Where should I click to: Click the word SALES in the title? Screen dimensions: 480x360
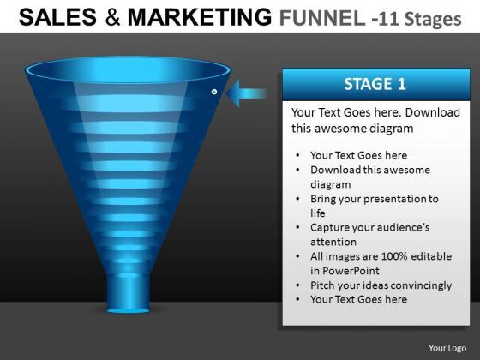point(57,17)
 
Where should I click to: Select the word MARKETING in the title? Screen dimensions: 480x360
point(199,17)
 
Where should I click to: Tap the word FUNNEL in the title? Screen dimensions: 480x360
point(321,18)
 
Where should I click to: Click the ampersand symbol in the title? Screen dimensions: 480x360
point(112,17)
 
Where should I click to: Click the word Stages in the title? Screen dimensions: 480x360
point(433,20)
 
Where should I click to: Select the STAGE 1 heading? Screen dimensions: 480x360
point(375,84)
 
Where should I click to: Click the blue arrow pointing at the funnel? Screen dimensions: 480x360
point(247,93)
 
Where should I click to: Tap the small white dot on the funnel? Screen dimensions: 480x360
point(214,92)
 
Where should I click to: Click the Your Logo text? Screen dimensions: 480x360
point(447,348)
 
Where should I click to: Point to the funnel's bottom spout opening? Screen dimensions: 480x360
point(129,310)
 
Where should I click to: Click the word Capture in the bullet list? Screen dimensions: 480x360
point(329,228)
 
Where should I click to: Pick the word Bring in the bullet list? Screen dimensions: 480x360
point(323,199)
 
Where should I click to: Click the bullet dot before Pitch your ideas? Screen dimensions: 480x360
point(298,285)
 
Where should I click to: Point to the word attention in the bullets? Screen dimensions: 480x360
point(333,242)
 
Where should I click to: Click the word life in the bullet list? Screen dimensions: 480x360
point(318,213)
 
